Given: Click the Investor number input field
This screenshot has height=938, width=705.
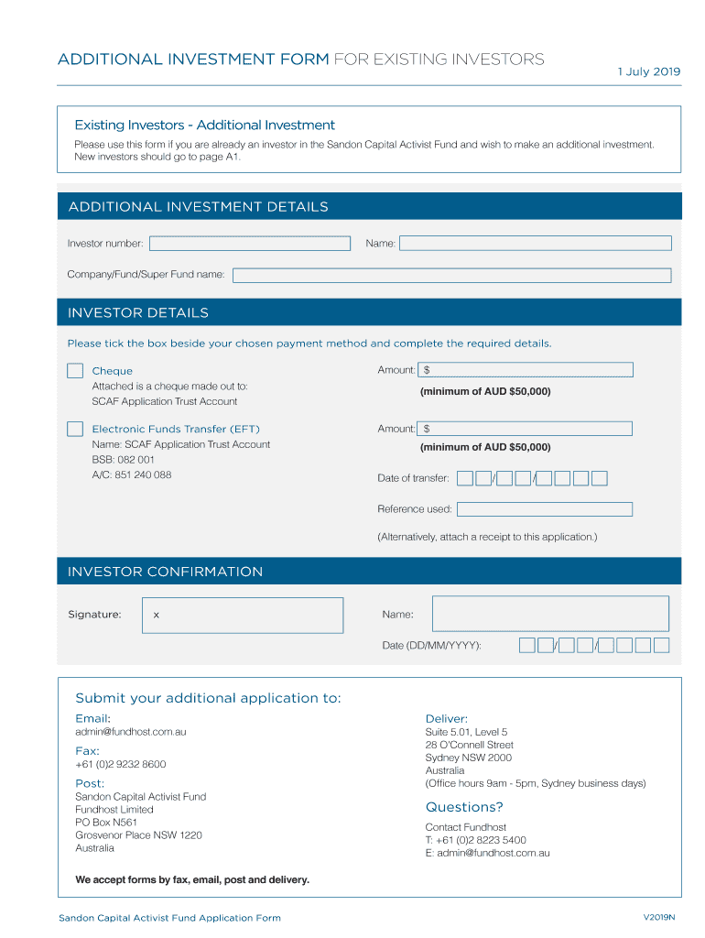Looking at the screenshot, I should tap(250, 244).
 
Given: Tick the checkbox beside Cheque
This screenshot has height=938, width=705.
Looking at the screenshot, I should tap(75, 371).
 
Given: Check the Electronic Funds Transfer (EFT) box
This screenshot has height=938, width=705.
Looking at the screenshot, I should tap(75, 429).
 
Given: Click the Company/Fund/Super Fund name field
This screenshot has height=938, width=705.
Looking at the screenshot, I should tap(451, 275).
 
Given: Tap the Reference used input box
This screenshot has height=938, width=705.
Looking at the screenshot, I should tap(545, 509).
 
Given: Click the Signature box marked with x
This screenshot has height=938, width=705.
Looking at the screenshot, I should tap(243, 615).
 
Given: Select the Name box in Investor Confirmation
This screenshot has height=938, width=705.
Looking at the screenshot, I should tap(550, 614).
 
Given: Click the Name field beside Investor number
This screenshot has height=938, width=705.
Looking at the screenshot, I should tap(536, 244).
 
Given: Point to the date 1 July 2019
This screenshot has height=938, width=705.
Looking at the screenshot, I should tap(649, 72).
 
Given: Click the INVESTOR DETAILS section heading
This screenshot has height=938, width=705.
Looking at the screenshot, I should tap(138, 313).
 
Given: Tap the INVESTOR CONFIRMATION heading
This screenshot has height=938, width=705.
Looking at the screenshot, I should tap(166, 572).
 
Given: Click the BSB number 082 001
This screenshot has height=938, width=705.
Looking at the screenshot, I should tap(124, 460).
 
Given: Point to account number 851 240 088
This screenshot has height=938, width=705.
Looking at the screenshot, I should tap(132, 474).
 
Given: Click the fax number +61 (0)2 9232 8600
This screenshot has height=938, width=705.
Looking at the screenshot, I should tap(121, 764).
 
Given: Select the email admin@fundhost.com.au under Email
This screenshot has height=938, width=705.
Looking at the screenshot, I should tap(131, 732).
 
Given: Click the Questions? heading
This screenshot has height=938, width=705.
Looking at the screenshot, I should tap(464, 807).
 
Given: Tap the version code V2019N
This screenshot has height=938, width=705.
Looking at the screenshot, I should tap(659, 917).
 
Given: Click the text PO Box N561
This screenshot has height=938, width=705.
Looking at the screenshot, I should tap(106, 823).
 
